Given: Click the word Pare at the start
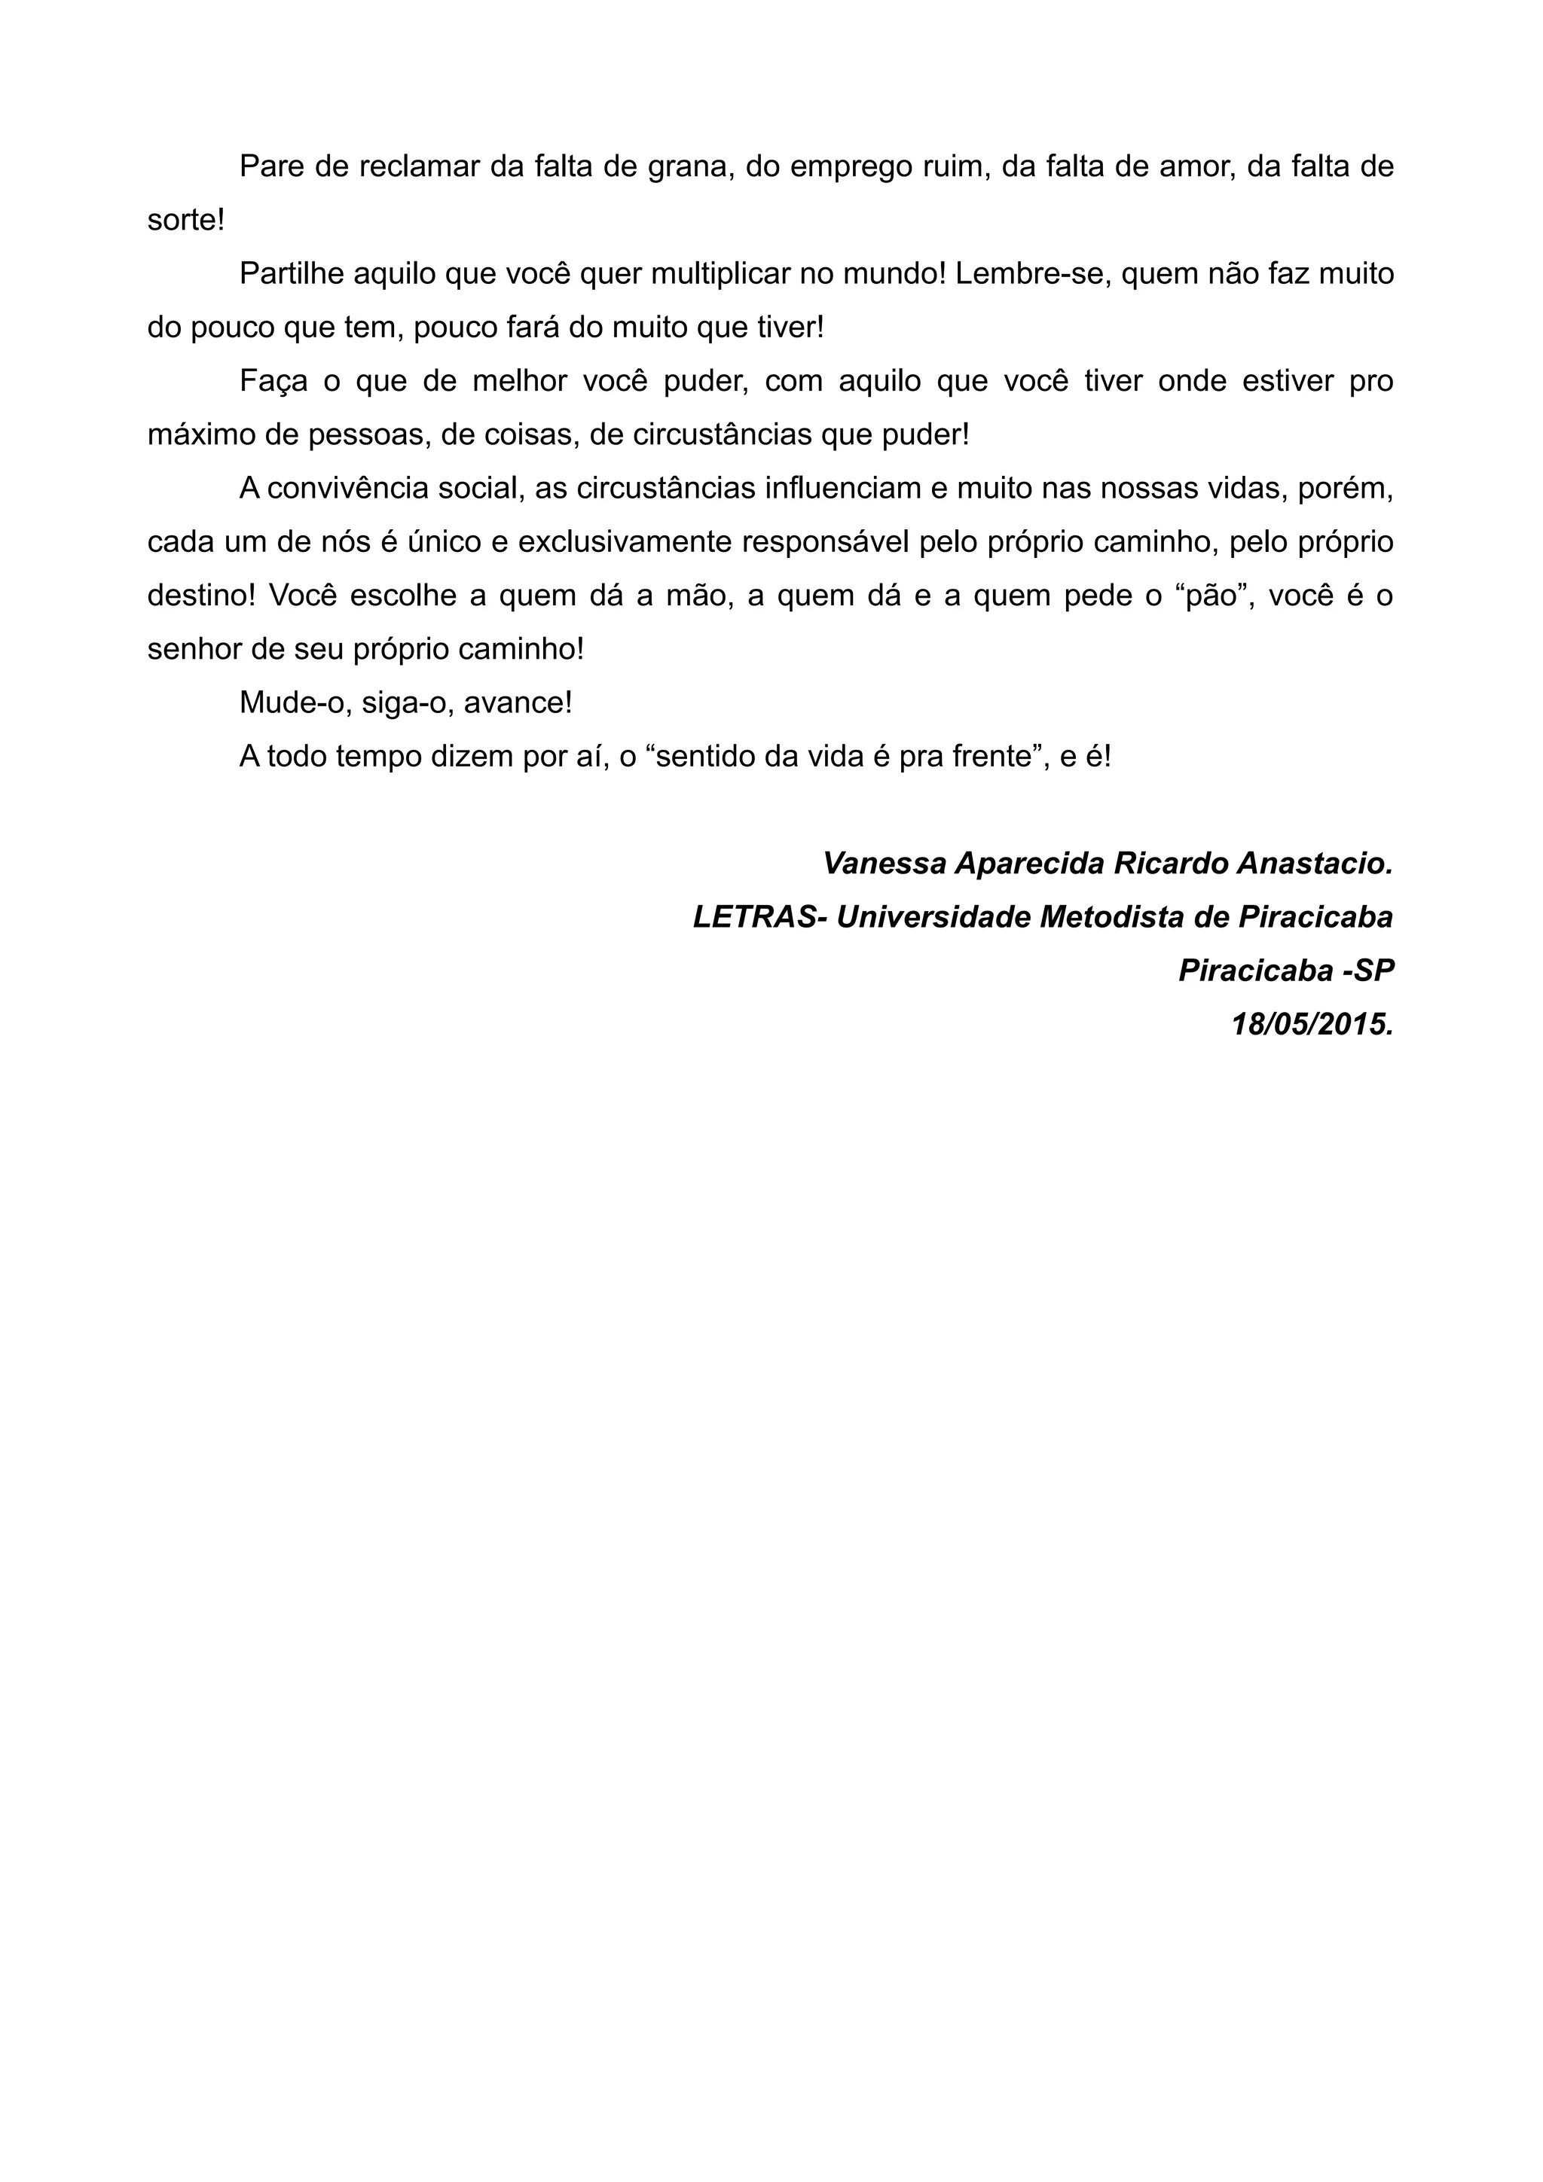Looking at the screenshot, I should (x=267, y=166).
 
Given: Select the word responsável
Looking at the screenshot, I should (x=839, y=543).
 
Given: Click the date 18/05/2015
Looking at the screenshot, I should (x=1312, y=1025).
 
